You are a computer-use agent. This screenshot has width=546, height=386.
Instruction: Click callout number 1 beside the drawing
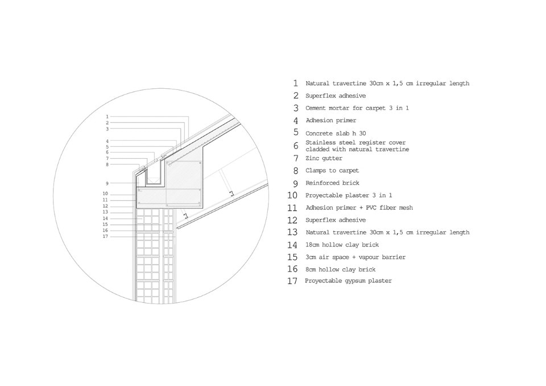(x=107, y=117)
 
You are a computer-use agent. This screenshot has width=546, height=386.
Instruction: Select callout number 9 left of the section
(x=107, y=183)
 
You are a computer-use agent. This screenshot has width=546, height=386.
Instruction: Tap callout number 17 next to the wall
(x=106, y=236)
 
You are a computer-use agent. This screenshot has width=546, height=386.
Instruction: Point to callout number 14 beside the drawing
(x=106, y=219)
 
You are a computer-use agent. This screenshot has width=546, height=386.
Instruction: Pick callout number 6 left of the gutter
(x=107, y=152)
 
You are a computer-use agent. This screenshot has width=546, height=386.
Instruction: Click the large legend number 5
(x=296, y=133)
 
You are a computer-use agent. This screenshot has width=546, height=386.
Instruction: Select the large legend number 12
(x=293, y=220)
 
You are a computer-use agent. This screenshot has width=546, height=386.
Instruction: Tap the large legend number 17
(x=293, y=281)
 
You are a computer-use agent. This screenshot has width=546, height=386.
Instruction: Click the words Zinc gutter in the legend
(x=324, y=158)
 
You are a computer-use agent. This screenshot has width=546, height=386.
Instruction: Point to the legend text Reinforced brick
(x=332, y=183)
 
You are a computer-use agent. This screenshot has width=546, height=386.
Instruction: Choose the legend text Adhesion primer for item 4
(x=331, y=120)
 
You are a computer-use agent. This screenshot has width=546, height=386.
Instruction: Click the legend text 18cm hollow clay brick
(x=341, y=245)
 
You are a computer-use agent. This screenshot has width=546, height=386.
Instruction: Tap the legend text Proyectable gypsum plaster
(x=348, y=281)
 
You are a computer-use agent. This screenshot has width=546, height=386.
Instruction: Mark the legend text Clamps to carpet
(x=332, y=171)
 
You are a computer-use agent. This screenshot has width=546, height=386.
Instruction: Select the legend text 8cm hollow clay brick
(x=341, y=269)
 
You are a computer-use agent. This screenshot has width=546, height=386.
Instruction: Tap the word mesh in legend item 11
(x=405, y=208)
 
